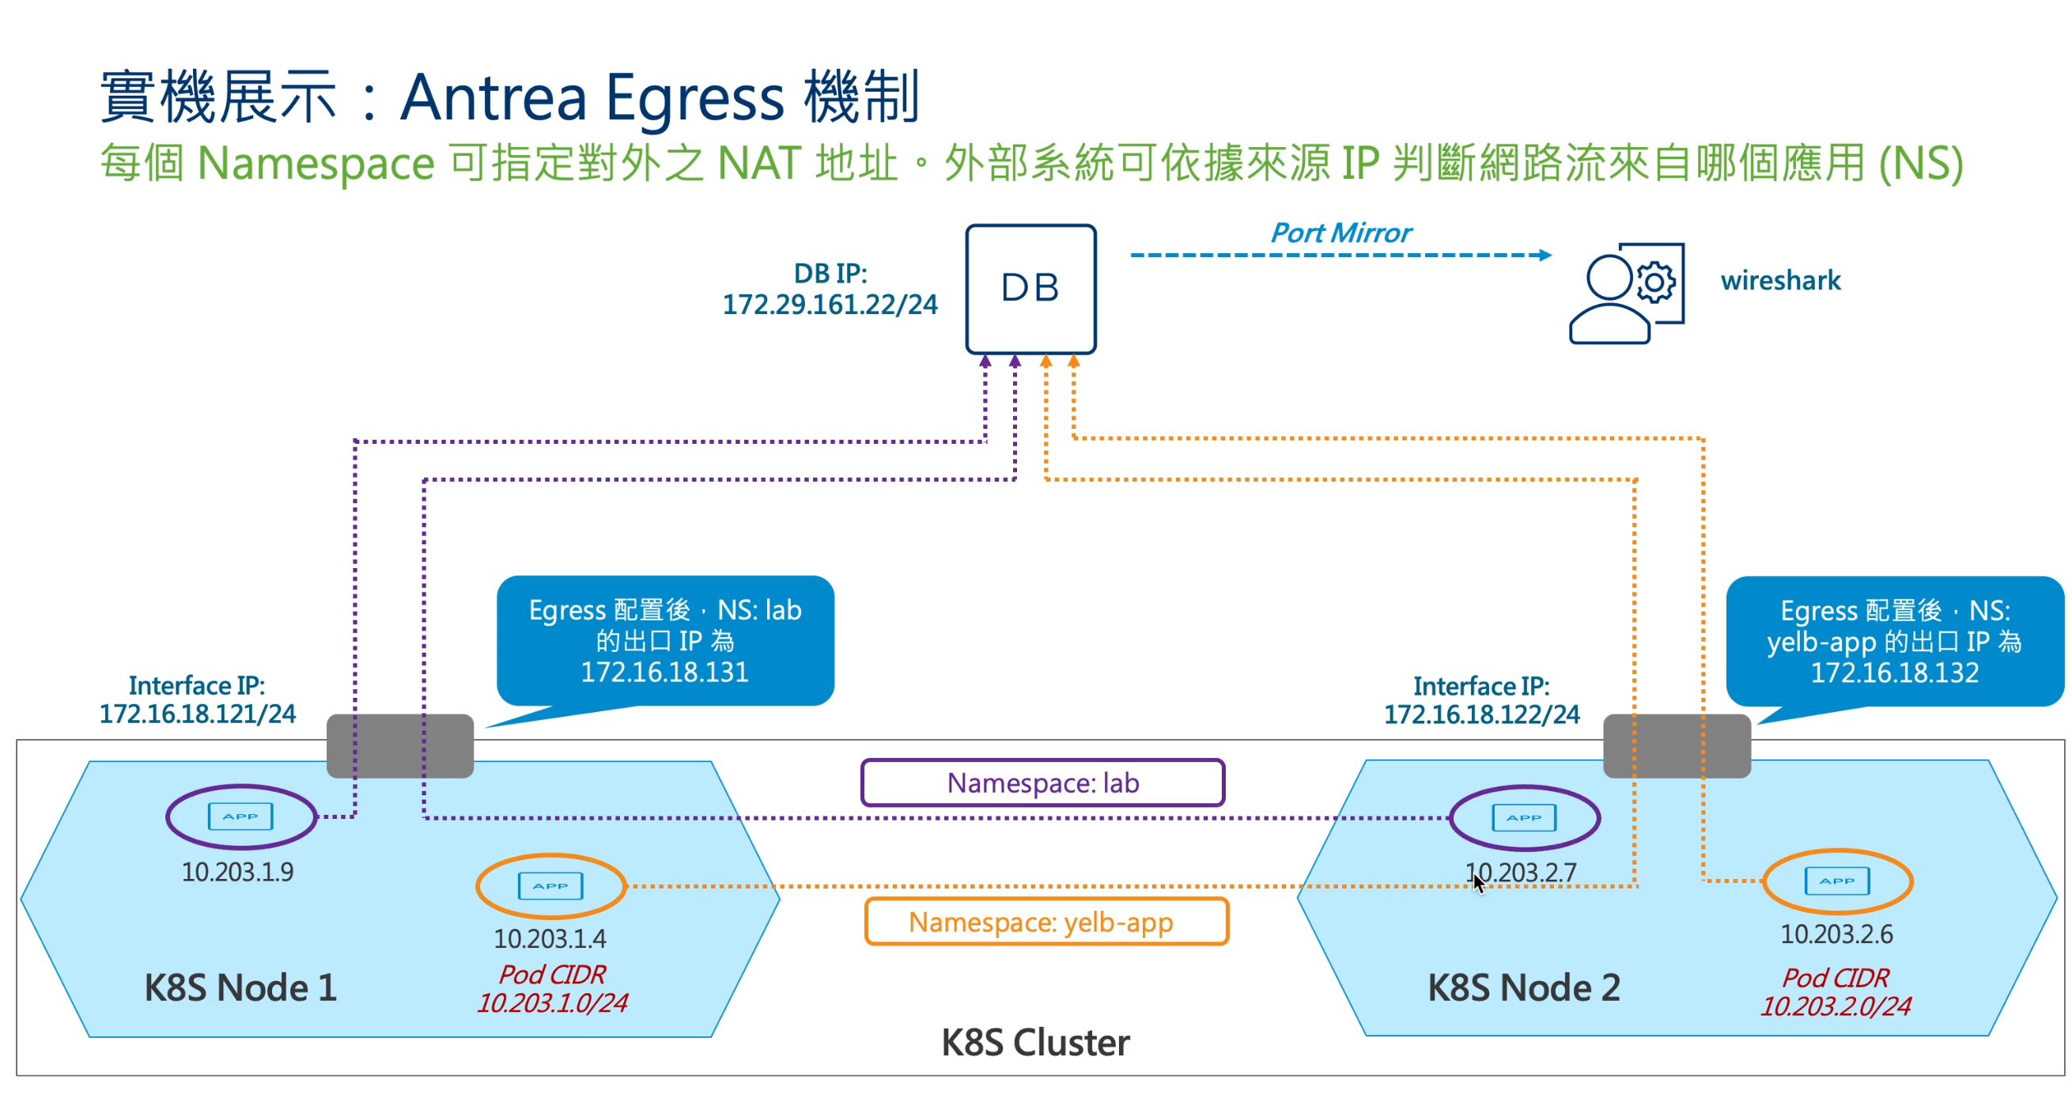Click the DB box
coord(1030,289)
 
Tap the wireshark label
coord(1780,281)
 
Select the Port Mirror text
coord(1340,233)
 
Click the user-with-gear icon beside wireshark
coord(1627,294)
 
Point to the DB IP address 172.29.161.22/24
coord(830,305)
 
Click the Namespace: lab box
coord(1042,782)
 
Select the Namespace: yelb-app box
coord(1045,922)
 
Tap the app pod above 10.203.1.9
coord(240,817)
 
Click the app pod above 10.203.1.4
coord(551,886)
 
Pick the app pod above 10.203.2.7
coord(1524,817)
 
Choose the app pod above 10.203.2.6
coord(1837,881)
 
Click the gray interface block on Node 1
coord(399,746)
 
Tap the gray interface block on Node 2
coord(1677,746)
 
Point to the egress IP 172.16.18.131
coord(664,673)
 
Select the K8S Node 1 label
coord(240,988)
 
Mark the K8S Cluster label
coord(1035,1043)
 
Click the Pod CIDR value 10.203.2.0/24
coord(1836,1006)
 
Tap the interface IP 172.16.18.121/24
coord(197,714)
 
